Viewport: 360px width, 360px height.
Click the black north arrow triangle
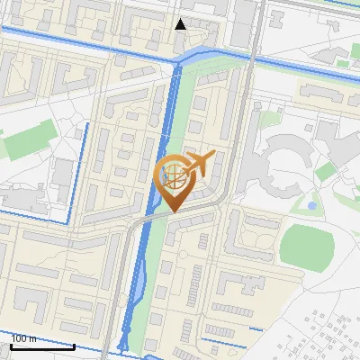click(x=180, y=24)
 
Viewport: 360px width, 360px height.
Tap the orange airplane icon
click(x=198, y=165)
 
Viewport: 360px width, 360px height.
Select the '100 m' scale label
click(x=24, y=338)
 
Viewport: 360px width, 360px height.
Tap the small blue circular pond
click(x=311, y=205)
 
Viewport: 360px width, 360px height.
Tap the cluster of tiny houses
click(x=328, y=333)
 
